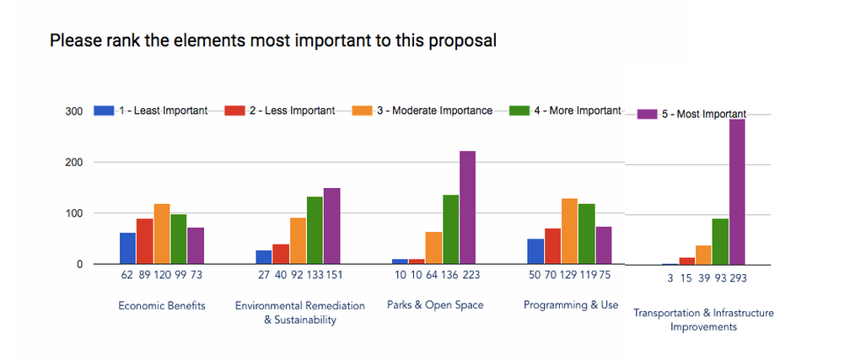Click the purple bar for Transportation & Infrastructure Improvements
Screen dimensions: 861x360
pyautogui.click(x=737, y=191)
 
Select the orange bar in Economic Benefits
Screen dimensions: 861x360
pyautogui.click(x=162, y=234)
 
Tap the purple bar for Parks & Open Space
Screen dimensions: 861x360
pyautogui.click(x=467, y=207)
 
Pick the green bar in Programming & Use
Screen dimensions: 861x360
pyautogui.click(x=586, y=234)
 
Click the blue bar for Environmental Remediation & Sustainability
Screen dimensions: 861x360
pyautogui.click(x=264, y=257)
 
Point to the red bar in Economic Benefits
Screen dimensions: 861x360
pyautogui.click(x=145, y=241)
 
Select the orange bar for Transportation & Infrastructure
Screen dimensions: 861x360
pyautogui.click(x=703, y=255)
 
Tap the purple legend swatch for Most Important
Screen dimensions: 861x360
pyautogui.click(x=646, y=114)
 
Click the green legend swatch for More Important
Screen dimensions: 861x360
pyautogui.click(x=519, y=110)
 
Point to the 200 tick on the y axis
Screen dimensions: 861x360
pyautogui.click(x=75, y=163)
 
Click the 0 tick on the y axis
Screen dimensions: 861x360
pyautogui.click(x=79, y=265)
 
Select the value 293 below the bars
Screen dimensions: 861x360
pyautogui.click(x=739, y=278)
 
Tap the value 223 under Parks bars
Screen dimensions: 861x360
pyautogui.click(x=471, y=275)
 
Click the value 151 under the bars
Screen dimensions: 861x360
pyautogui.click(x=333, y=275)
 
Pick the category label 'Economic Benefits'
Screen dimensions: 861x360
pyautogui.click(x=162, y=306)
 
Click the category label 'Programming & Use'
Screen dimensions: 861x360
pyautogui.click(x=571, y=304)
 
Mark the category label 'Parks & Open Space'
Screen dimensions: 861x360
pyautogui.click(x=435, y=304)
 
